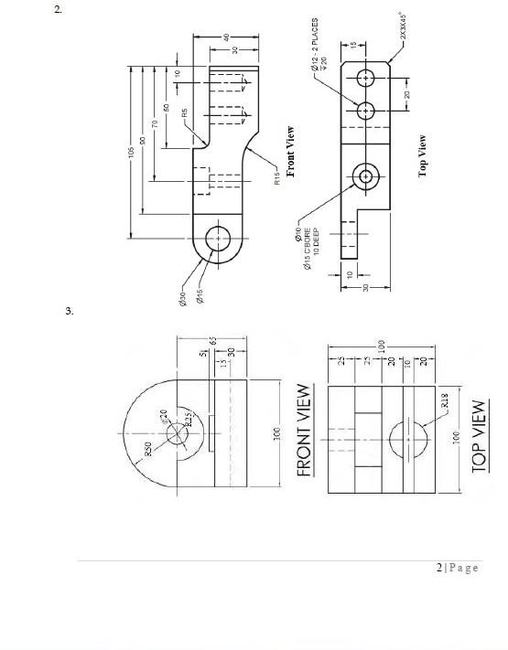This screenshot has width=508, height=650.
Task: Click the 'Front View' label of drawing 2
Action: [x=291, y=151]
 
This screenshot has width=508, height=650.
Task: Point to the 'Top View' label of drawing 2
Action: [x=423, y=156]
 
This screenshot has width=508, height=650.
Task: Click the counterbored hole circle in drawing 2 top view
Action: [x=367, y=175]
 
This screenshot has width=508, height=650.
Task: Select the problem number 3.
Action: [x=69, y=312]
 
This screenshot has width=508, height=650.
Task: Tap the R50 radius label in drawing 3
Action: [x=146, y=449]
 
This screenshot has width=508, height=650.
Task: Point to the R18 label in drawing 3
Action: [x=445, y=400]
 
